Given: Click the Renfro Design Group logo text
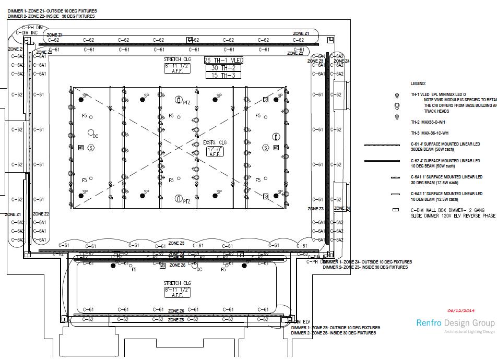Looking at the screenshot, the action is (x=455, y=322).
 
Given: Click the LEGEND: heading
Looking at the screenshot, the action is (x=418, y=83).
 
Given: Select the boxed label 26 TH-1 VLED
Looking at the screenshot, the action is (x=223, y=61).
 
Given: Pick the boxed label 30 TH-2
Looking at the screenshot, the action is (x=223, y=68).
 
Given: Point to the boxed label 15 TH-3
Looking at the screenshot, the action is (x=223, y=75).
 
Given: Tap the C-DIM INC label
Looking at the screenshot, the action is (x=26, y=33).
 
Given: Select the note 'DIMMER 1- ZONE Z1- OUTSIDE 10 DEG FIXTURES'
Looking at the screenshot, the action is (x=52, y=11).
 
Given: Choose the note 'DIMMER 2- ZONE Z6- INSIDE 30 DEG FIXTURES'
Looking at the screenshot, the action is (x=334, y=333).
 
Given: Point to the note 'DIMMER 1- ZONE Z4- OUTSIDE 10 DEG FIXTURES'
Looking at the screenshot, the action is (x=367, y=262).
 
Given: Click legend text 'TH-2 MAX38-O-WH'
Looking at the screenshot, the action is (x=428, y=123).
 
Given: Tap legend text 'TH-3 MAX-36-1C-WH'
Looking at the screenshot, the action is (x=430, y=133).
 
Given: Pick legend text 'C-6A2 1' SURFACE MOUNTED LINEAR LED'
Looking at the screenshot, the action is (x=446, y=194).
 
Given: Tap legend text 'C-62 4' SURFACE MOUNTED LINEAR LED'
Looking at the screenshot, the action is (x=445, y=161).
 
